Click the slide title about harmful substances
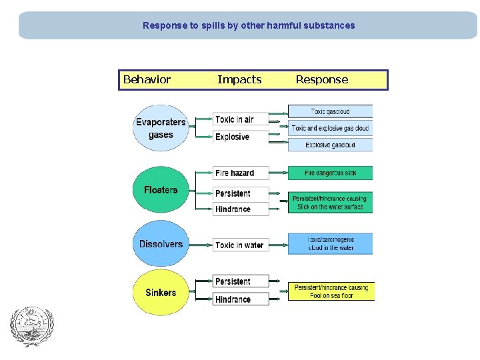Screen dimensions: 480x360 tap(249, 26)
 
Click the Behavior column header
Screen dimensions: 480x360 tap(147, 80)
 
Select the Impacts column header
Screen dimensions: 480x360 tap(239, 80)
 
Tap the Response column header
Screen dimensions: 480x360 tap(321, 80)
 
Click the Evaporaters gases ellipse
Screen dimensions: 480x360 tap(161, 128)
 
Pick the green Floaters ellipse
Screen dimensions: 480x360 tap(161, 190)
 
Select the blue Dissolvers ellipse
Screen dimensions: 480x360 tap(161, 244)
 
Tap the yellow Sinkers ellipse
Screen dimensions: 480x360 tap(161, 293)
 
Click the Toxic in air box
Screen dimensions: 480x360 tap(241, 119)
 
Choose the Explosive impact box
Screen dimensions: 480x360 tap(241, 137)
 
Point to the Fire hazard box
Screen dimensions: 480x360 tap(241, 173)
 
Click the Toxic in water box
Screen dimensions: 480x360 tap(241, 245)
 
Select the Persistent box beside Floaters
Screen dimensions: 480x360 tap(241, 193)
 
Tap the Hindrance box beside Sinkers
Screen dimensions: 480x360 tap(241, 299)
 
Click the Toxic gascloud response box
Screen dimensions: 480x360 tap(330, 111)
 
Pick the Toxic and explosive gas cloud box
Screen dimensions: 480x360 tap(330, 128)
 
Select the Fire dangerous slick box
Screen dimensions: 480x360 tap(330, 173)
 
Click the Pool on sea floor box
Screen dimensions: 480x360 tap(331, 292)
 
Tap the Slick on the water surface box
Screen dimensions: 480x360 tap(330, 203)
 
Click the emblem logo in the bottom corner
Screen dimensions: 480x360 tap(31, 327)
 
